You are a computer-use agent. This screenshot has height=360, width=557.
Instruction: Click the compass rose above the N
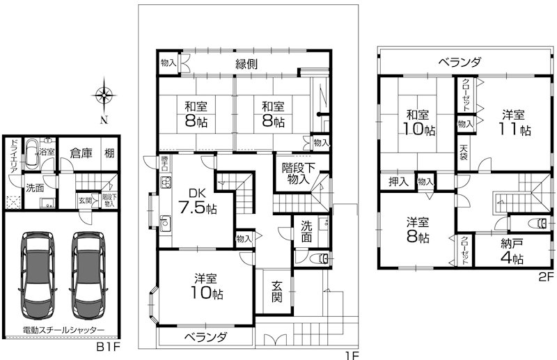click(104, 95)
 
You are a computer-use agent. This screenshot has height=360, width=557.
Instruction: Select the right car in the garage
click(88, 274)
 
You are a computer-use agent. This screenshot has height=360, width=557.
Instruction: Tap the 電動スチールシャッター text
click(63, 329)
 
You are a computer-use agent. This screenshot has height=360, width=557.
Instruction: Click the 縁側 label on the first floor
click(246, 64)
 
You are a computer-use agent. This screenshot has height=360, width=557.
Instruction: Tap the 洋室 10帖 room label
click(207, 286)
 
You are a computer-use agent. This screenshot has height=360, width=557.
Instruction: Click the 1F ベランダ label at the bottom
click(205, 338)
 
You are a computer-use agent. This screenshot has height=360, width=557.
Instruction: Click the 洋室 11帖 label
click(515, 122)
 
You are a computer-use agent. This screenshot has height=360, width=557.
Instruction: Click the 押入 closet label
click(398, 182)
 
